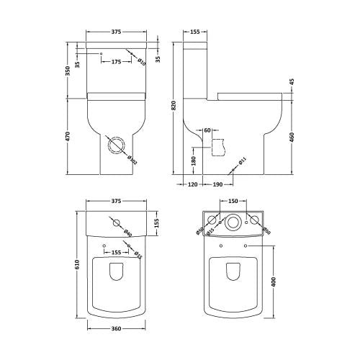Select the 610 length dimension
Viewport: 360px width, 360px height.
click(76, 265)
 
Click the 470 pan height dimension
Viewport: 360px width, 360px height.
click(68, 137)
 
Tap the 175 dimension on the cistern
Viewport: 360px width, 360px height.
click(115, 62)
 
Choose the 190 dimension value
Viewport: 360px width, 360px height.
click(217, 184)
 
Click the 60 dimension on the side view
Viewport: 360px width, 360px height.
click(207, 130)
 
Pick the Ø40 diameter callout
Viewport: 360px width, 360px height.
click(127, 232)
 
